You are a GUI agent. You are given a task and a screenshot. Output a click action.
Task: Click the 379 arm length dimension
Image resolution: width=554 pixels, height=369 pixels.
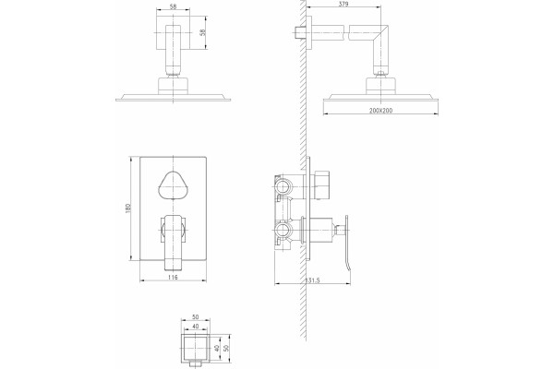pos(343,4)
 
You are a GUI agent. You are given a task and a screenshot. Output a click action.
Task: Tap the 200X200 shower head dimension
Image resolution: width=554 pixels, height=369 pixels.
pos(380,111)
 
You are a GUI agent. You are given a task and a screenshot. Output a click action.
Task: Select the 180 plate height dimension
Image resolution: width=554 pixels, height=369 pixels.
pos(128,208)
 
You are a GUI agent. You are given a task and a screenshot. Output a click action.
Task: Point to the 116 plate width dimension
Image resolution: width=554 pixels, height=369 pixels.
pos(173,277)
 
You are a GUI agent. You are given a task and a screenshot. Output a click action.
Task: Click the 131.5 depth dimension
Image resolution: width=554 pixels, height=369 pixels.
pos(312,280)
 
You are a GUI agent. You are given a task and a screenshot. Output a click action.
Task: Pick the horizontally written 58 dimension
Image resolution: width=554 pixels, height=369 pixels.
pos(173,6)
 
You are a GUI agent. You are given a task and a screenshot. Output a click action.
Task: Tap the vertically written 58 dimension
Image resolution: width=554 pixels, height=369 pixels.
pos(202,32)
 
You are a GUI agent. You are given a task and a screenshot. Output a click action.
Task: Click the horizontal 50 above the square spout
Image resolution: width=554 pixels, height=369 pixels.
pos(195,316)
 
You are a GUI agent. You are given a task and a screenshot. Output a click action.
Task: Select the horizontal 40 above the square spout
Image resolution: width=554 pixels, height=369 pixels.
pos(195,326)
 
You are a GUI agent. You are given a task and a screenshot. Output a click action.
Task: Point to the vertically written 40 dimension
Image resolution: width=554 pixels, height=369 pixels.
pos(217,348)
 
